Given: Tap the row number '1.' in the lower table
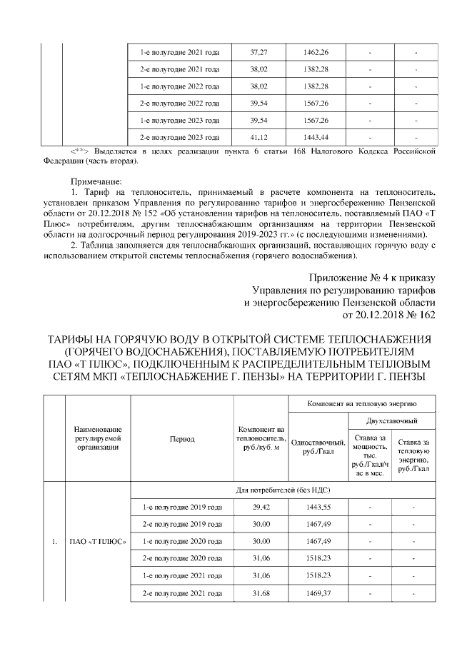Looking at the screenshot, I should coord(54,540).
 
